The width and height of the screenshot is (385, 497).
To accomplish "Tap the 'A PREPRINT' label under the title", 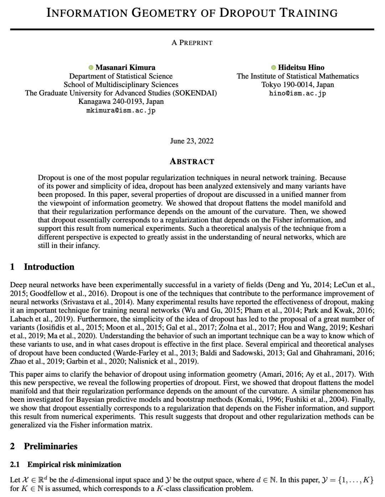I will (x=192, y=42).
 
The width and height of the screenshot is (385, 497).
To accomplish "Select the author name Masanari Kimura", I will (x=125, y=67).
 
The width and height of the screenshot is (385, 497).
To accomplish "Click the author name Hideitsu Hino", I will (x=301, y=67).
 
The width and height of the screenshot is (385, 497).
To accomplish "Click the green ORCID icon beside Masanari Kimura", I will (x=91, y=67).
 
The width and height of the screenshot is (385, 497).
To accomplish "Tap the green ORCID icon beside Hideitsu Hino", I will (x=273, y=67).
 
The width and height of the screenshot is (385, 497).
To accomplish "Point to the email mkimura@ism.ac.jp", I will (x=121, y=110).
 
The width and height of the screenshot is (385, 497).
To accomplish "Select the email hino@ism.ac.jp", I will (x=298, y=93).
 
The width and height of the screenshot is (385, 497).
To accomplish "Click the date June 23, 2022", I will (x=192, y=141).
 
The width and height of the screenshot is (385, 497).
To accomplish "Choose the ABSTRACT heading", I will (x=192, y=161).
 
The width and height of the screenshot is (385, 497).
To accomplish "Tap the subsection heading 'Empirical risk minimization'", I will (x=74, y=465).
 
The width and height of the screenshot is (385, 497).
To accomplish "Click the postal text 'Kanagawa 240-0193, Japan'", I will (x=121, y=101).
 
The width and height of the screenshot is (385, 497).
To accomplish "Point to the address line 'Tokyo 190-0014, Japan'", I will (x=298, y=85).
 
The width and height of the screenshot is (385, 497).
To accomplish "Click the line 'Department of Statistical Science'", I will (x=121, y=76).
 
